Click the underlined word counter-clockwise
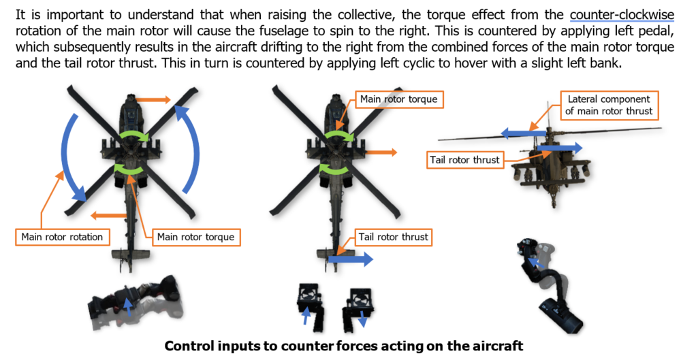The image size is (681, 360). point(622,15)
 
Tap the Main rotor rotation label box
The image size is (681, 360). point(62,237)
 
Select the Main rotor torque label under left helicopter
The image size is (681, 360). point(196,237)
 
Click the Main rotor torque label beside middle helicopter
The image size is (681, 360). point(399,99)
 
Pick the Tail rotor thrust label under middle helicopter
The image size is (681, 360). point(394,237)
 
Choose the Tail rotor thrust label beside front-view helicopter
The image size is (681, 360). point(464,160)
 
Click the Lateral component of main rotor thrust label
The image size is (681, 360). point(609,105)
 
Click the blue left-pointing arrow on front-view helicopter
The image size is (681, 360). point(523,133)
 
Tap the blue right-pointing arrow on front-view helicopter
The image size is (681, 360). point(559,148)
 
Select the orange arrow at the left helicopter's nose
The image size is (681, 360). point(153,100)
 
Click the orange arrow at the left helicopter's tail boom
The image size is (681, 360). point(108,216)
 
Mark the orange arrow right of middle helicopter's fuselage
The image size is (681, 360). point(381,152)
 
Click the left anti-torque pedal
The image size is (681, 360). point(310,304)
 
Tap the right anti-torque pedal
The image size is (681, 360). point(358,307)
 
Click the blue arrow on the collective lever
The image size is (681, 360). point(127,307)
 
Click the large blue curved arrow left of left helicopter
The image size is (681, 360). point(72,159)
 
